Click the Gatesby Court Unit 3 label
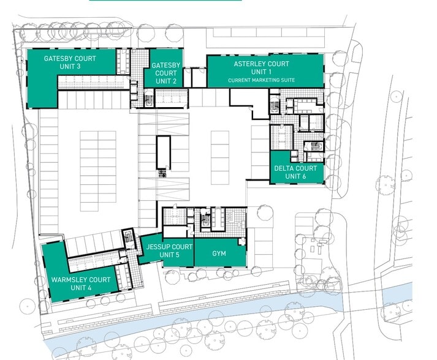(x=70, y=62)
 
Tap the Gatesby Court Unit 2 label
(x=165, y=73)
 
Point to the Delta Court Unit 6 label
(x=295, y=172)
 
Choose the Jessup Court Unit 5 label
(x=170, y=250)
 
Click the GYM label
(x=219, y=253)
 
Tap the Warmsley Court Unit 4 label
(x=81, y=283)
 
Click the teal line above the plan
(x=165, y=1)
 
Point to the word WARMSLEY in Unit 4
(x=69, y=280)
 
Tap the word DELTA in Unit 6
(x=284, y=168)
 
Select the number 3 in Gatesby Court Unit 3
(x=79, y=67)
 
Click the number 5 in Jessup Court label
(x=177, y=255)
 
